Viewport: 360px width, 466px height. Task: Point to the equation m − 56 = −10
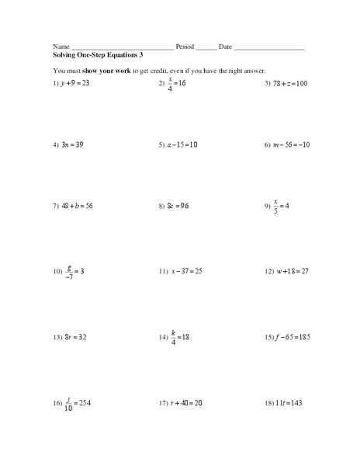291,144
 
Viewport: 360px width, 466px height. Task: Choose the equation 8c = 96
179,207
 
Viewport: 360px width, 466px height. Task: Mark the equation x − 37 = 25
187,272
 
